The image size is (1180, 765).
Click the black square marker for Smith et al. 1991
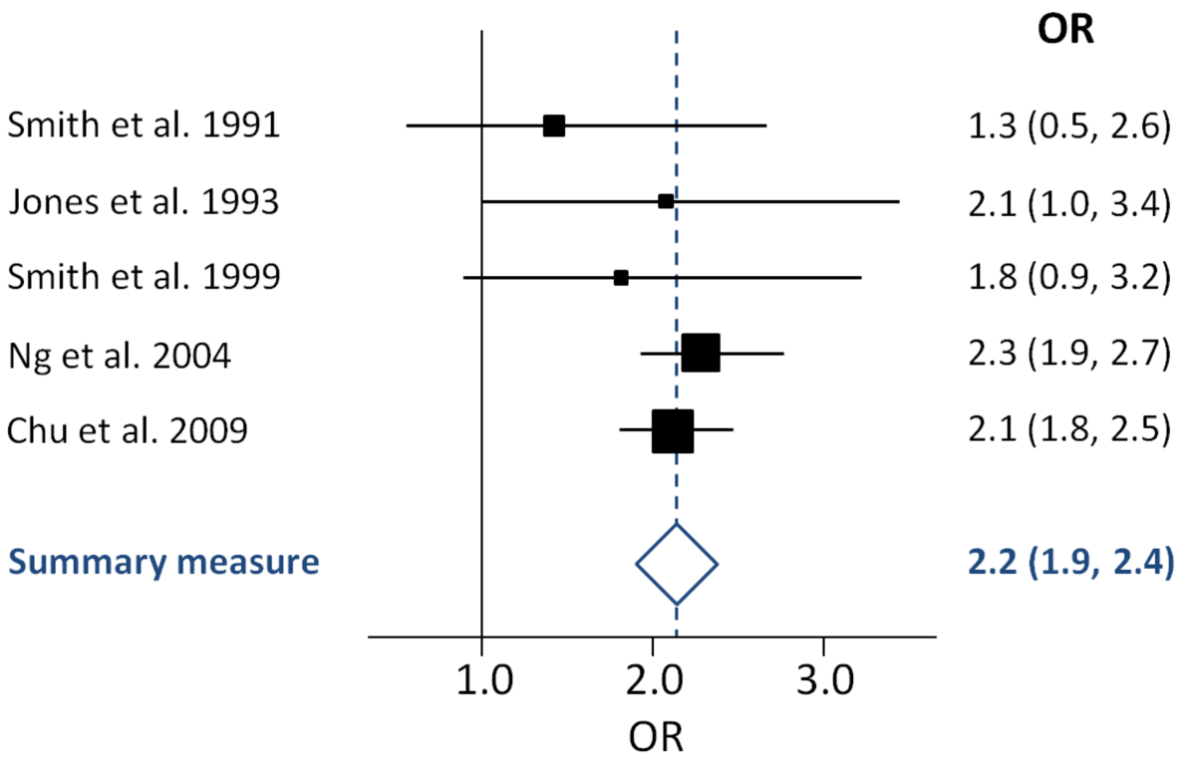tap(553, 126)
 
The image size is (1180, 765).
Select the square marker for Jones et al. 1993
tap(666, 201)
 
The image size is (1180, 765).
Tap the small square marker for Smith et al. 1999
tap(621, 278)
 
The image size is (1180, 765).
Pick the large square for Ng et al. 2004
tap(701, 354)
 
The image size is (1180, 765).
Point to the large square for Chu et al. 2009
tap(673, 430)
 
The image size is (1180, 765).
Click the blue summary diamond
tap(677, 563)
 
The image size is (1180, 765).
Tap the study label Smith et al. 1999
tap(144, 278)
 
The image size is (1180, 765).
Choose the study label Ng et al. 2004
tap(120, 355)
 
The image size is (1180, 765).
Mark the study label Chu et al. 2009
tap(128, 431)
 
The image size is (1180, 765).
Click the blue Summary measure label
tap(164, 563)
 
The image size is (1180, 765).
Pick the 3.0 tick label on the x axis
tap(823, 685)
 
